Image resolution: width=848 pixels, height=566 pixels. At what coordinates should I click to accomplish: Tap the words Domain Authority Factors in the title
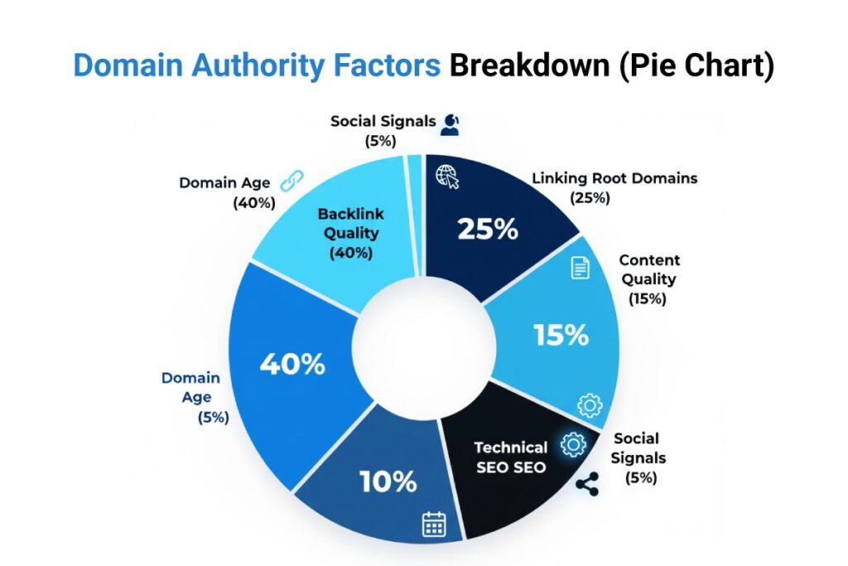(257, 66)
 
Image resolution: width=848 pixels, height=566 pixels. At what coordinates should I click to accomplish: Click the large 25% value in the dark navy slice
(488, 229)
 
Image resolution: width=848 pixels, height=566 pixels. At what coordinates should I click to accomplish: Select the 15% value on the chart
(561, 335)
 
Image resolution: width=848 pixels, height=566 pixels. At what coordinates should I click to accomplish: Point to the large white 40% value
(292, 365)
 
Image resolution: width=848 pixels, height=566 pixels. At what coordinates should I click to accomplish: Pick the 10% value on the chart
(388, 481)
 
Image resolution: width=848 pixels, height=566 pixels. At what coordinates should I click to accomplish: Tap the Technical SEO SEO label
(510, 457)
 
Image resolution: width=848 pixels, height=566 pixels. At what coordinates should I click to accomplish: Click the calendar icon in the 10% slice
(434, 524)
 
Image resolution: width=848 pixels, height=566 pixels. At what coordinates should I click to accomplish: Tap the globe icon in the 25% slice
(447, 177)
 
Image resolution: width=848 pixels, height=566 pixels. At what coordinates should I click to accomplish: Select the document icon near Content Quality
(580, 268)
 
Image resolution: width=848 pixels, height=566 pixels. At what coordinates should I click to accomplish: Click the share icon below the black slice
(587, 486)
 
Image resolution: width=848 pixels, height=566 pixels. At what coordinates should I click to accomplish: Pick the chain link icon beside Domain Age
(292, 180)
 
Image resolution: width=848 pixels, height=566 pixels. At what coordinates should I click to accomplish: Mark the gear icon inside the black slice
(572, 445)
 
